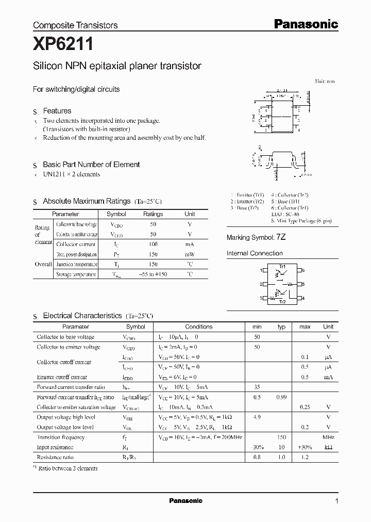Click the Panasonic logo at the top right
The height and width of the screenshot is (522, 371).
[x=305, y=24]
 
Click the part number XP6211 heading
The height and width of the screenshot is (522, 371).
[x=63, y=45]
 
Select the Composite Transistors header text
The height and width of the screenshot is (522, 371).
[x=75, y=25]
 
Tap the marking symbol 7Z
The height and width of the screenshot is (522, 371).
[x=281, y=237]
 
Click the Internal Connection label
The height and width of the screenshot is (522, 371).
[x=255, y=253]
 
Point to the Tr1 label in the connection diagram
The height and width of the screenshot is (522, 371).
[x=282, y=266]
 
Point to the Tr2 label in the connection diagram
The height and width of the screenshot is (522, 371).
[x=282, y=302]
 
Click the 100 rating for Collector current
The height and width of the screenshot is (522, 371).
[x=153, y=244]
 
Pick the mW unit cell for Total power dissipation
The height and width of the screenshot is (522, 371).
[x=190, y=254]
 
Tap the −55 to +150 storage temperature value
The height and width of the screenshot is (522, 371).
[x=153, y=274]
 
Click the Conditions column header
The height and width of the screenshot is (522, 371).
[x=198, y=327]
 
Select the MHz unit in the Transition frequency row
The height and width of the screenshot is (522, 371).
[x=328, y=437]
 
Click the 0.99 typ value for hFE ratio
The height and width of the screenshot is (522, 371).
[x=281, y=397]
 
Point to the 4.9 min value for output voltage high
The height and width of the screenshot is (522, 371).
[x=257, y=417]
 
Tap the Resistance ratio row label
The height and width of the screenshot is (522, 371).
[x=55, y=457]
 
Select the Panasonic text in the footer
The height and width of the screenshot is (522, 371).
[x=185, y=501]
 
